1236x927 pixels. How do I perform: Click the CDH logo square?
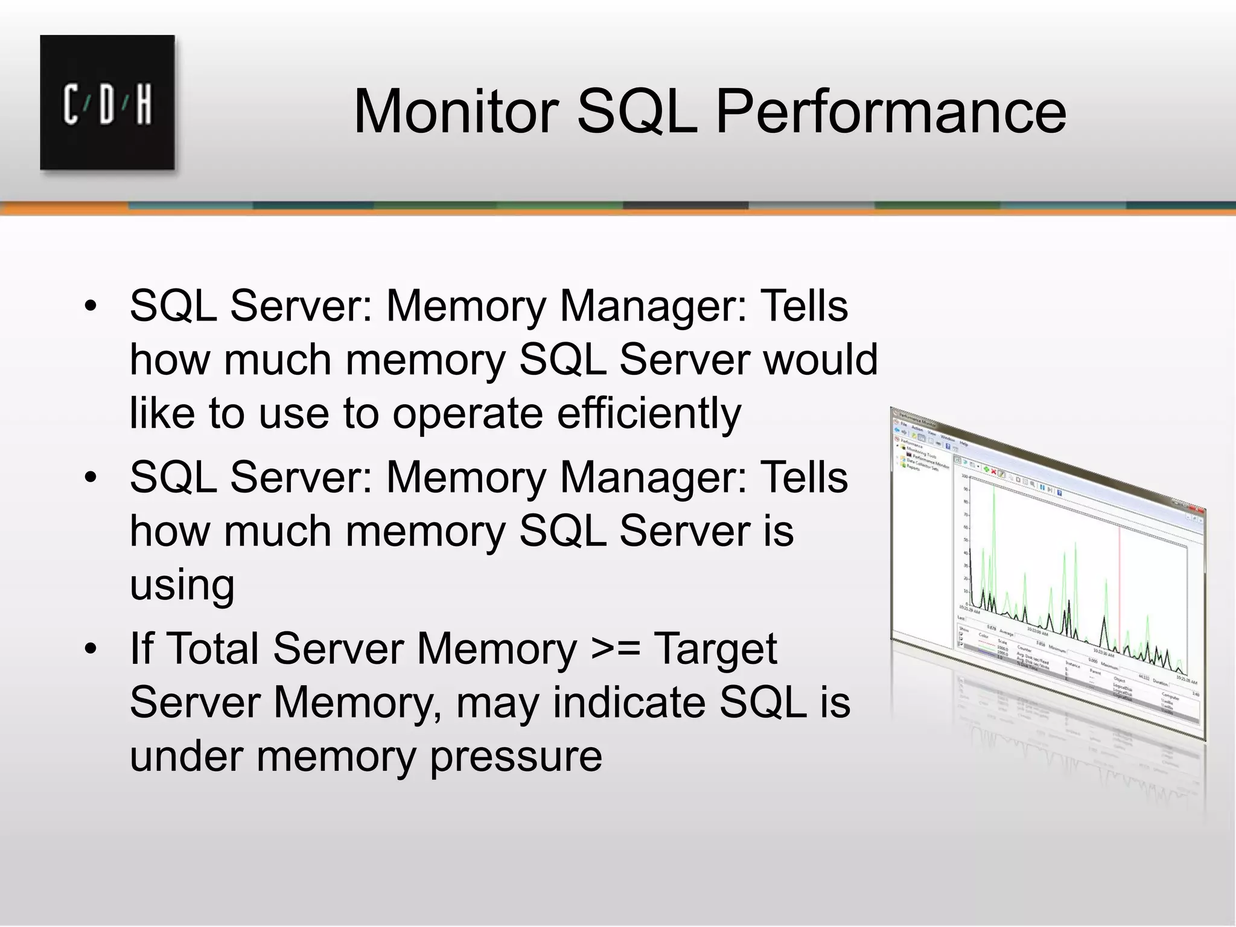[107, 102]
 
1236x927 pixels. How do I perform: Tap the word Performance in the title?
[891, 112]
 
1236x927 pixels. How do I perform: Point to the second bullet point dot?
[91, 477]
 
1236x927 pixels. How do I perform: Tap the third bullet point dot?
[91, 649]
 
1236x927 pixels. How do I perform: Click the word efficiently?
[648, 413]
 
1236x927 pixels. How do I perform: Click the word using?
[182, 585]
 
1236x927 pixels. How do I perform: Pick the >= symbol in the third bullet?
[616, 649]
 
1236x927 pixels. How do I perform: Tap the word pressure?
[516, 757]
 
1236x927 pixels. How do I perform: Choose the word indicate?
[629, 703]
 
